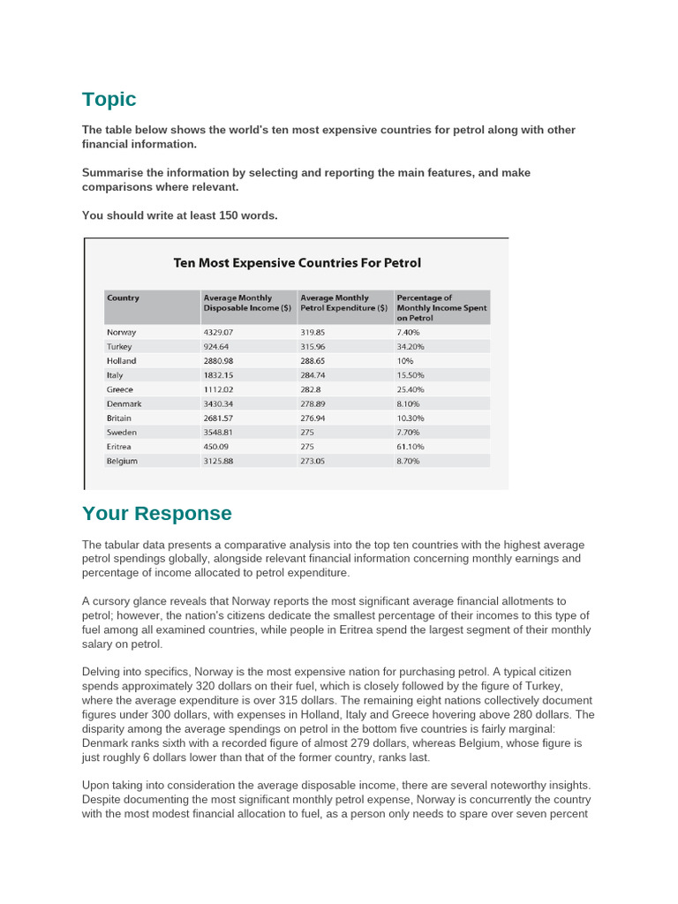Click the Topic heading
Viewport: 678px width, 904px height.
(109, 99)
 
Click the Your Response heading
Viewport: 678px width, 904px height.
(156, 514)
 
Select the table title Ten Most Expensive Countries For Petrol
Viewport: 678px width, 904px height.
(297, 262)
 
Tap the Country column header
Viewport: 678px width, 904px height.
(124, 298)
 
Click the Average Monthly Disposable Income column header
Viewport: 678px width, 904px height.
(247, 303)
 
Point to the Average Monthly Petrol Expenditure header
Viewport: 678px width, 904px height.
(344, 303)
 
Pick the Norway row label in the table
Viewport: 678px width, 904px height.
(122, 332)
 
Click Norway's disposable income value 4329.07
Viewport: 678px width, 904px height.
(222, 332)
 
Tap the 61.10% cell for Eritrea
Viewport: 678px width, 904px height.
(411, 447)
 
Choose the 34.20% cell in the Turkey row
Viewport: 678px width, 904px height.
(411, 347)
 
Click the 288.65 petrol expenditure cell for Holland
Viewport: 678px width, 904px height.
(315, 361)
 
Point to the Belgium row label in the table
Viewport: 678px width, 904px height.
(123, 461)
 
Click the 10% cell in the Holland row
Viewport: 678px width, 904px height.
(405, 361)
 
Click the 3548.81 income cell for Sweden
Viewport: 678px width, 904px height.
(222, 433)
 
